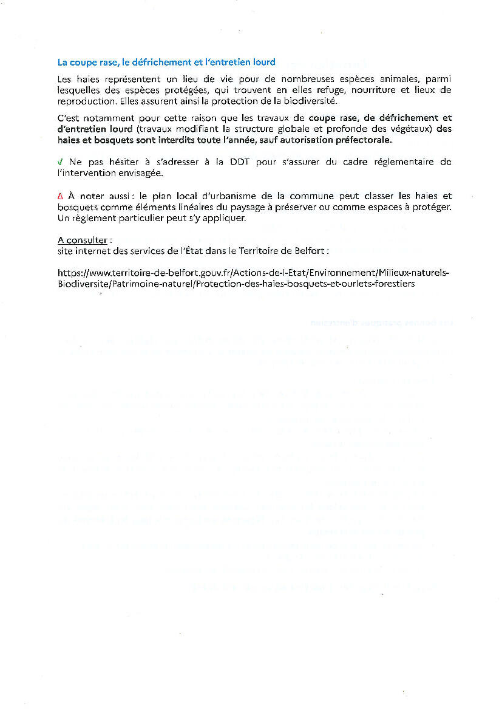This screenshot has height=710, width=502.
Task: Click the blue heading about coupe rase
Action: pos(166,62)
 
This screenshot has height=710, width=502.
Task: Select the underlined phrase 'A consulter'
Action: pos(82,241)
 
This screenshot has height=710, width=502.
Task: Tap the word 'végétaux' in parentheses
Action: pos(412,129)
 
